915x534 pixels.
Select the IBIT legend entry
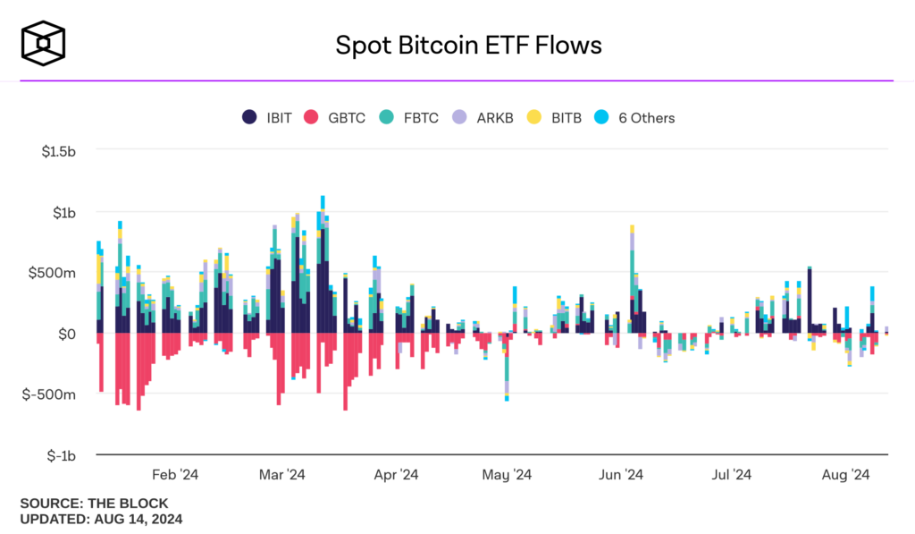pyautogui.click(x=267, y=117)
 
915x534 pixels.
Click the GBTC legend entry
pyautogui.click(x=336, y=117)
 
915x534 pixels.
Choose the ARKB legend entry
pyautogui.click(x=483, y=117)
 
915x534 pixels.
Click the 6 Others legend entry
pyautogui.click(x=636, y=117)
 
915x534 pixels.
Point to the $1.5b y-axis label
pyautogui.click(x=59, y=151)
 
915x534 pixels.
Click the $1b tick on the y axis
pyautogui.click(x=65, y=212)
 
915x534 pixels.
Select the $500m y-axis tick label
pyautogui.click(x=56, y=273)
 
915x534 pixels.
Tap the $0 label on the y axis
pyautogui.click(x=67, y=334)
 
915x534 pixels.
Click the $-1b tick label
pyautogui.click(x=63, y=455)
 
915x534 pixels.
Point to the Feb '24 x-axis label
pyautogui.click(x=175, y=474)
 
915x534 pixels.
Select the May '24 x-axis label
pyautogui.click(x=508, y=474)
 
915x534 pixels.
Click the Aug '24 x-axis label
pyautogui.click(x=845, y=474)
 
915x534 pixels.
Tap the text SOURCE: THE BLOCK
pyautogui.click(x=94, y=504)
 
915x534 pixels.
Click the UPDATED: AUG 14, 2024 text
pyautogui.click(x=101, y=519)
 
